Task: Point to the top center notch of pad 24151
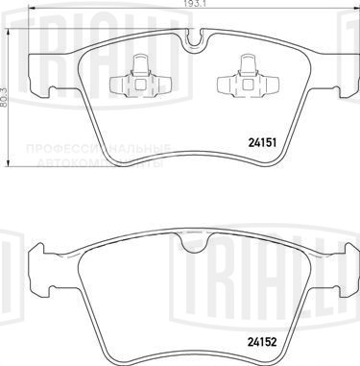(197, 42)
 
